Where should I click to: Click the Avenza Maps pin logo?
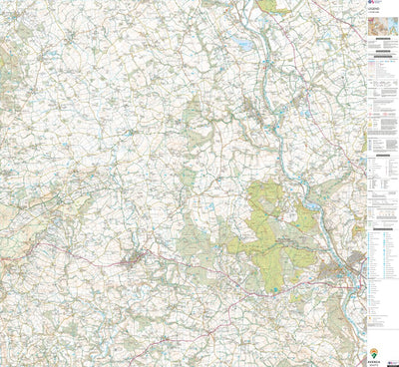tap(374, 352)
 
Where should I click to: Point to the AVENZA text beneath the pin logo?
tap(374, 361)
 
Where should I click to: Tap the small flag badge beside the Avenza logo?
tap(389, 354)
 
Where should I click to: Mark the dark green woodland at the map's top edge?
tap(265, 5)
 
